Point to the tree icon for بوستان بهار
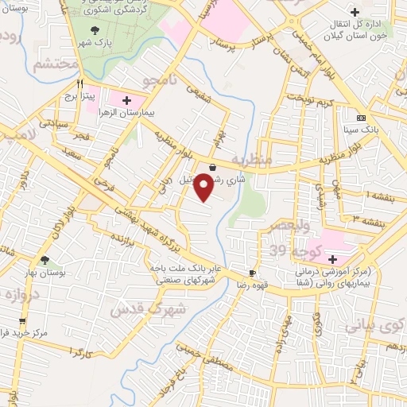coord(45,260)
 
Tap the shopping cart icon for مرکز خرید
coord(22,321)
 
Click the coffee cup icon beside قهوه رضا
coord(253,271)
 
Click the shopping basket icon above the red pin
coord(213,168)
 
